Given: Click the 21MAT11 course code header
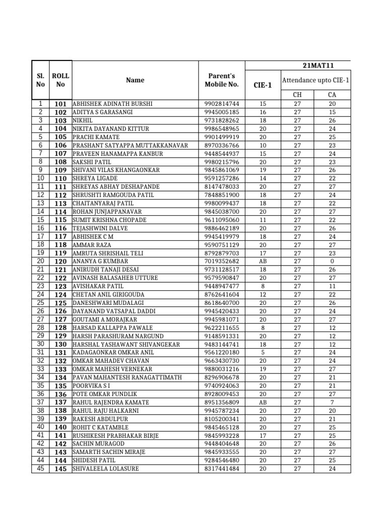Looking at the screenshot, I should tap(318, 66).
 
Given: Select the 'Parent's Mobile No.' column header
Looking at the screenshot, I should tap(222, 80).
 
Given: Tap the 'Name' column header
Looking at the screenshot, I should tap(135, 80).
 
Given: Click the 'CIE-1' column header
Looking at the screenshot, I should tap(262, 85).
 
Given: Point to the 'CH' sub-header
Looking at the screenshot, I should tap(297, 95).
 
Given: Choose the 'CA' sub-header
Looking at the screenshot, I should tap(332, 95).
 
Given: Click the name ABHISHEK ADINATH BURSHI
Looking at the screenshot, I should tap(112, 104).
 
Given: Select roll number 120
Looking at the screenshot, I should tap(60, 262).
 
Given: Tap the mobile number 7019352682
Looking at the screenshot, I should tap(222, 262).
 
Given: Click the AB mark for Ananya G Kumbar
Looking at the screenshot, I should tap(262, 262).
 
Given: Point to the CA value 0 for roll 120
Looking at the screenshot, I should tap(332, 262).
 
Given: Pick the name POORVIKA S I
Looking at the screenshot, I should tap(92, 386).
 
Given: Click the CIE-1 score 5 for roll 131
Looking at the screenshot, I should tap(262, 353).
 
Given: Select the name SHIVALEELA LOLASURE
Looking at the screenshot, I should tap(106, 469).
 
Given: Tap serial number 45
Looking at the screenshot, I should tap(40, 469).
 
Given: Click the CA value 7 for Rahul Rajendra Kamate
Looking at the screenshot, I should tap(332, 403).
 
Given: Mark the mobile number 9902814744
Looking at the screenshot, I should tap(222, 104).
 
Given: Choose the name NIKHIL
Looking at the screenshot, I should tap(83, 120).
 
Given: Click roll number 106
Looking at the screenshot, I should tap(60, 145).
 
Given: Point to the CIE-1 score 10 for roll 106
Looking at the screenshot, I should tap(262, 145).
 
